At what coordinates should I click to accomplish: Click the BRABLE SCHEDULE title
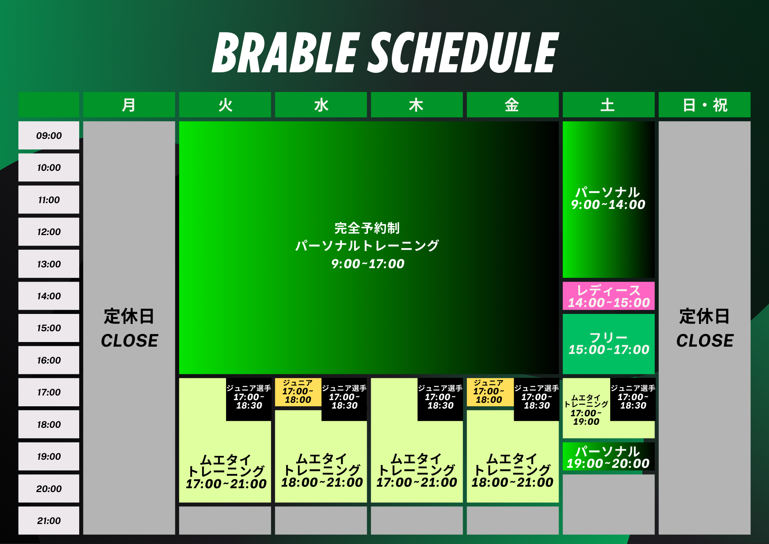pyautogui.click(x=384, y=53)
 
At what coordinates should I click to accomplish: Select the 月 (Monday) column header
pyautogui.click(x=129, y=105)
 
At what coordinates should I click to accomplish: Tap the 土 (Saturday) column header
pyautogui.click(x=608, y=105)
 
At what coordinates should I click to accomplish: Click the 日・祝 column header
pyautogui.click(x=704, y=105)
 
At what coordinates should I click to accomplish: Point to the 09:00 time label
pyautogui.click(x=49, y=135)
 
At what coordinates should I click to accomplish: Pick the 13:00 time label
pyautogui.click(x=49, y=264)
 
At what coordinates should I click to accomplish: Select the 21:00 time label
pyautogui.click(x=49, y=521)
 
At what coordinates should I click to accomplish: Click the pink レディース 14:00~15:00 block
pyautogui.click(x=609, y=296)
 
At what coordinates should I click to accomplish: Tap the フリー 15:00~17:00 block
pyautogui.click(x=609, y=344)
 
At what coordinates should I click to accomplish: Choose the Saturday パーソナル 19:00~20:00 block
pyautogui.click(x=609, y=457)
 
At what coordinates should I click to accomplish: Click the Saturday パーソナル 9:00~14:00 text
pyautogui.click(x=608, y=198)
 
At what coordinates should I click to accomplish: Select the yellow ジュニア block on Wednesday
pyautogui.click(x=298, y=392)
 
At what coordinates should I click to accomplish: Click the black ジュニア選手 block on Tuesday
pyautogui.click(x=248, y=399)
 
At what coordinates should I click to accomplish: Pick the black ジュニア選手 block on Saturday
pyautogui.click(x=633, y=399)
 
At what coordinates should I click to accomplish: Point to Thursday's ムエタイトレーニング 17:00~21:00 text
pyautogui.click(x=417, y=471)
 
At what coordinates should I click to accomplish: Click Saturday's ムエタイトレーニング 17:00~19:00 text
pyautogui.click(x=586, y=410)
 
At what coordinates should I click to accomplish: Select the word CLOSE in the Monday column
pyautogui.click(x=130, y=340)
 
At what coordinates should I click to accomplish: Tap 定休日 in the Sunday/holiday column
pyautogui.click(x=704, y=316)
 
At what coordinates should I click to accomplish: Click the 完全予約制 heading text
pyautogui.click(x=367, y=228)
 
